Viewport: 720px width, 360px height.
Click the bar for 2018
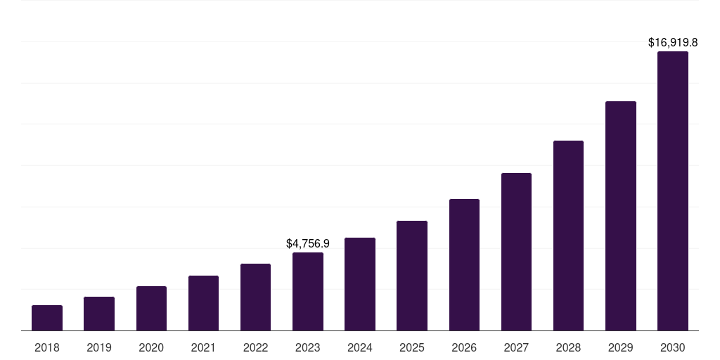(x=47, y=318)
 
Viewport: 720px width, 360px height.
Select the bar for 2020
(x=151, y=309)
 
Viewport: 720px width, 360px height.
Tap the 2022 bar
(x=255, y=297)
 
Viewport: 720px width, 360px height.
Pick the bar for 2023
(x=308, y=292)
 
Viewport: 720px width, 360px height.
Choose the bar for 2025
(x=412, y=276)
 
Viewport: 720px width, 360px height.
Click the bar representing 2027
(x=516, y=252)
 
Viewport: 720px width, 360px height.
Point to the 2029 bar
(x=620, y=216)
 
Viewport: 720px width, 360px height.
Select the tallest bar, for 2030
(x=672, y=191)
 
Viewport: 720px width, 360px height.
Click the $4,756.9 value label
(x=308, y=243)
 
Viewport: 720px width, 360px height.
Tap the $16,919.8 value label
(x=672, y=43)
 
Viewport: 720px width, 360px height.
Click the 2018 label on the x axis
(x=47, y=347)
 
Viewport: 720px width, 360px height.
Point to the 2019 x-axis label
(x=99, y=347)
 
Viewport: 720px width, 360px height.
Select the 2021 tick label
(x=203, y=347)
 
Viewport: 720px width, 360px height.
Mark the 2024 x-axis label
(x=360, y=347)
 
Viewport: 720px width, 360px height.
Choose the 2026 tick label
(x=464, y=347)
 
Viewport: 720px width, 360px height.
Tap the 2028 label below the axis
(x=568, y=347)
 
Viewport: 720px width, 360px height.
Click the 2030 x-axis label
(x=672, y=347)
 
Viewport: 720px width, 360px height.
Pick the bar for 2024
(x=360, y=284)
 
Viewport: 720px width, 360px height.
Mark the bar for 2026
(x=464, y=265)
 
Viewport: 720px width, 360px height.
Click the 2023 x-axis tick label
(x=308, y=347)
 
